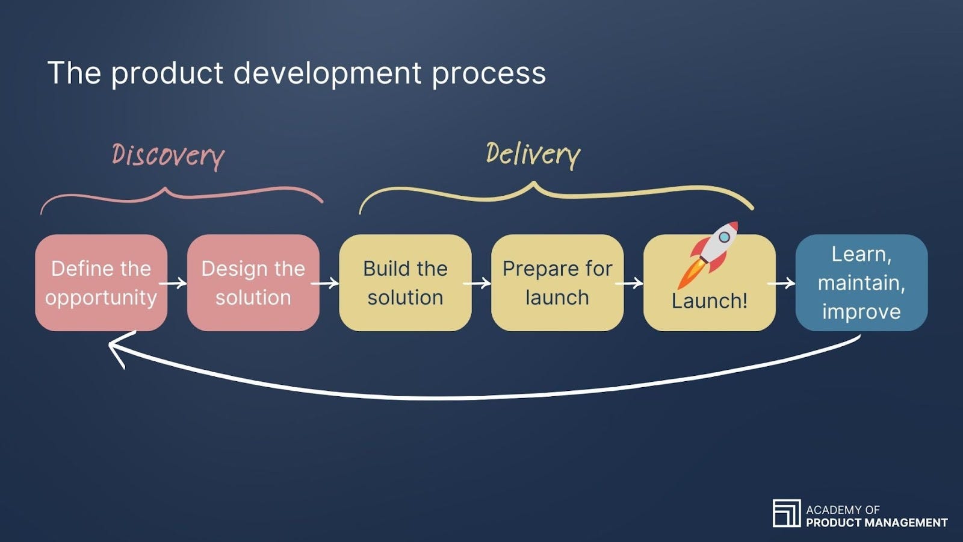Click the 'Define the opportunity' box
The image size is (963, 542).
(101, 282)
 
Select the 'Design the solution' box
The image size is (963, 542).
(253, 282)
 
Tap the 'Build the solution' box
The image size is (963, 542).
(405, 282)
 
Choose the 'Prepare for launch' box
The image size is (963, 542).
(557, 282)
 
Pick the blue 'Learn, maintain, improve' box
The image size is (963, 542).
(861, 282)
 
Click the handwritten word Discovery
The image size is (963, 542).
(168, 156)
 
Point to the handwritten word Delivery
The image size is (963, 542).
(533, 155)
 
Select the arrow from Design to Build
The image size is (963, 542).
(328, 283)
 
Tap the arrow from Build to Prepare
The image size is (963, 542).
(480, 283)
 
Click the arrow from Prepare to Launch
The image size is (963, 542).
(633, 283)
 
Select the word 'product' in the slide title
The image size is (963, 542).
(167, 73)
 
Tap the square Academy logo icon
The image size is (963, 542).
(786, 513)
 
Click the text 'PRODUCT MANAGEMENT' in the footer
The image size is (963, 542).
(876, 523)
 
